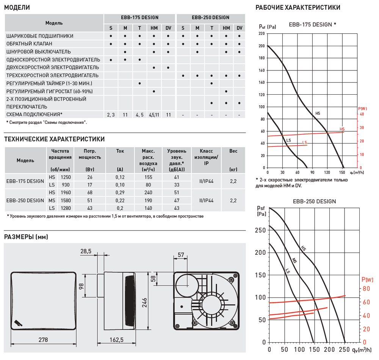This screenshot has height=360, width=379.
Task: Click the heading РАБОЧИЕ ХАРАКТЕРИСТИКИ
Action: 298,7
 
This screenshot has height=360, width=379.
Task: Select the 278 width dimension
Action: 43,340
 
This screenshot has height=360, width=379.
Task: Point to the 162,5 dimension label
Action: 117,340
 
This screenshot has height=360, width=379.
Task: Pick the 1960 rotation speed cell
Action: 66,193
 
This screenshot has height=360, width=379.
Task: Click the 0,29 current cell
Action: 120,193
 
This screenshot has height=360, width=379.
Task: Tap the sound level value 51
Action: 176,193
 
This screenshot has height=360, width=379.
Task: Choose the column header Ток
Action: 120,151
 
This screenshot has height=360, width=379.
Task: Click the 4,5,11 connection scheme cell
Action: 154,114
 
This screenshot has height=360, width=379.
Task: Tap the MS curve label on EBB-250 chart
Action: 294,260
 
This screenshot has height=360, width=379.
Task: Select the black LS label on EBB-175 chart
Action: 288,140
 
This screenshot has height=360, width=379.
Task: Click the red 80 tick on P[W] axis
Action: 366,288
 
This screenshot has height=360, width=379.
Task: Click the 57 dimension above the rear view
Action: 180,255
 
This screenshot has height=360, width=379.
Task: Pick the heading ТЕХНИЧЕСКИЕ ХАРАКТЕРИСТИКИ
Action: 54,139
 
